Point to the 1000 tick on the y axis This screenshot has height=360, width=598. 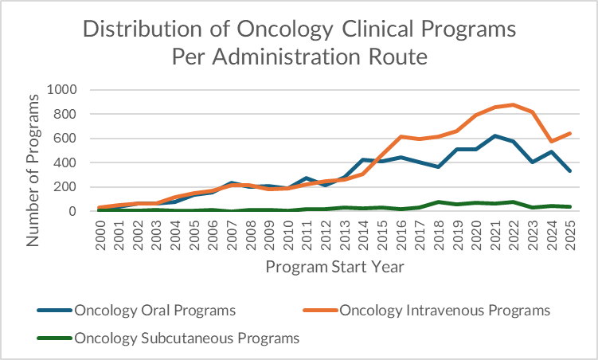click(x=64, y=90)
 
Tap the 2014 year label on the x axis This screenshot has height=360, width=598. click(x=364, y=237)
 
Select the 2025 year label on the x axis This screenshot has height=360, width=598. click(x=570, y=237)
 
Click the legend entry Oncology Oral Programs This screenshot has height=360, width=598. click(x=154, y=310)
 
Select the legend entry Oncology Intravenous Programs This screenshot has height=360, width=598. click(x=445, y=310)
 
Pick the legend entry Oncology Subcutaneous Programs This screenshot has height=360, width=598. click(x=186, y=338)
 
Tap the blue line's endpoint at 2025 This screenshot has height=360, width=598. click(x=570, y=171)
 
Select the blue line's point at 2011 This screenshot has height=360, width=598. click(x=307, y=178)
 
